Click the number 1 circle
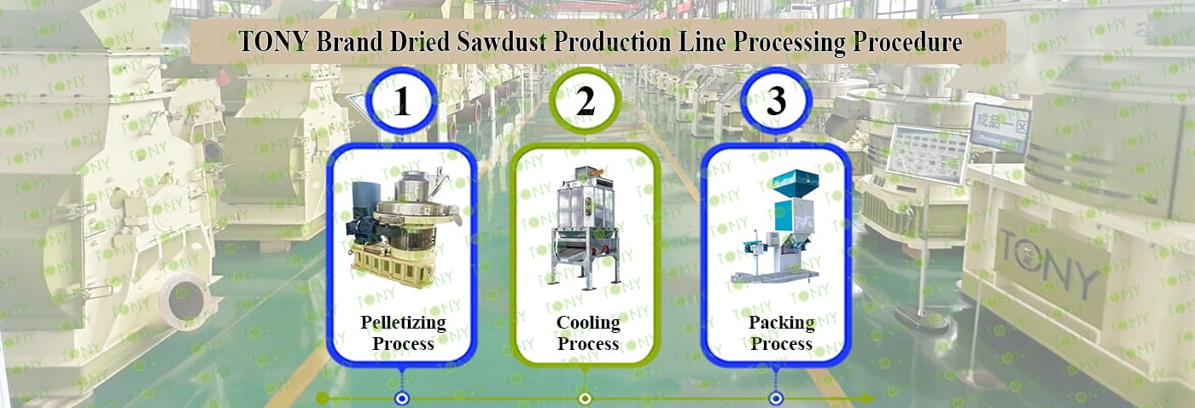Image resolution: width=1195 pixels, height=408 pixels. point(402,102)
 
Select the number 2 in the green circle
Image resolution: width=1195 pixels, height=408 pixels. point(585,102)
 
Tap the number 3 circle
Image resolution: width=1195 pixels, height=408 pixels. point(775,102)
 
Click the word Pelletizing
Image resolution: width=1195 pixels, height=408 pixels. point(403,323)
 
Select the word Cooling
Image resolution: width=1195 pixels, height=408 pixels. point(588,323)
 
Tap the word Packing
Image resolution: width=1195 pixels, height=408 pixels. point(781,323)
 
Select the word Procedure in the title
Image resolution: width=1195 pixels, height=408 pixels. point(908,42)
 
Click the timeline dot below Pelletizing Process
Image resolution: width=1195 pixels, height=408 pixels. point(401,399)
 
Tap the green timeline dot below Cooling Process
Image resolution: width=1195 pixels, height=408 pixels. point(585,399)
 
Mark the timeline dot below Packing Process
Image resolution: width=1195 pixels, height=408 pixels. point(775,399)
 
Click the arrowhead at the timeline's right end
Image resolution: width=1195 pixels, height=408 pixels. point(866,399)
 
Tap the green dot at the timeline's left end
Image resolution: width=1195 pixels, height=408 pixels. point(322,399)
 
